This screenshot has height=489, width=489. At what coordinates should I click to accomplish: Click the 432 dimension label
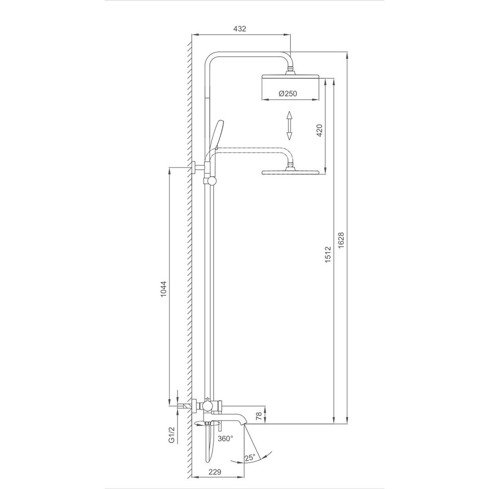(240, 29)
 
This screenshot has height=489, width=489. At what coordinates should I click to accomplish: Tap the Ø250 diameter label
(288, 93)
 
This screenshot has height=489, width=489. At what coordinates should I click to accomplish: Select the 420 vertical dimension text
(319, 130)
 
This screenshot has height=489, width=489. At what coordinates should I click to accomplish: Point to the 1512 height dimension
(328, 254)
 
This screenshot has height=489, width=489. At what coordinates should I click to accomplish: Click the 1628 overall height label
(341, 240)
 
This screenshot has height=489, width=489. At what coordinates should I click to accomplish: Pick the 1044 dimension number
(164, 289)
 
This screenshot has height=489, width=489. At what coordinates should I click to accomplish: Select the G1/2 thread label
(171, 435)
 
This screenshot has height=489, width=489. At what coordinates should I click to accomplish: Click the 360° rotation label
(225, 439)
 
